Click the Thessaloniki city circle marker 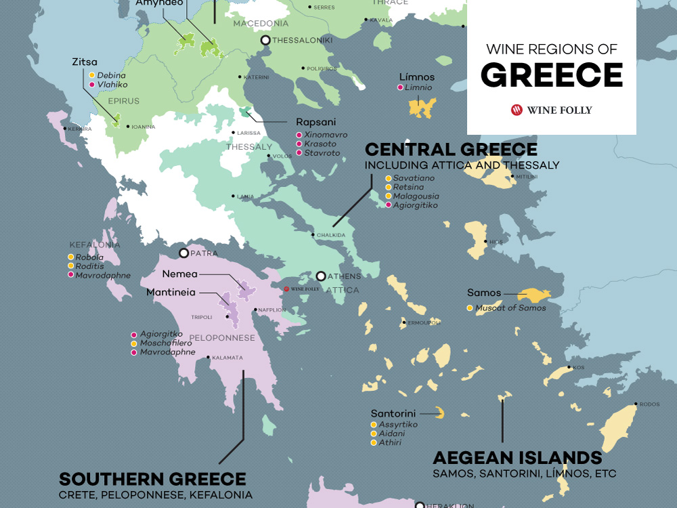[265, 41]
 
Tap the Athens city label [345, 276]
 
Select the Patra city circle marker [183, 253]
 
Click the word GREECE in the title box [552, 75]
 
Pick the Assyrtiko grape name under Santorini [398, 424]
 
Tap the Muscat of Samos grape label [510, 308]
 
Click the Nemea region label [179, 274]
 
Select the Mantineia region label [173, 293]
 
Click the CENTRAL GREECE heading [451, 150]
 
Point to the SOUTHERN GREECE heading [152, 479]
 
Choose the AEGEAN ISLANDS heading [517, 457]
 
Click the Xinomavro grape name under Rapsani [326, 135]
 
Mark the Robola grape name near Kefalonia [89, 257]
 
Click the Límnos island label [416, 77]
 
